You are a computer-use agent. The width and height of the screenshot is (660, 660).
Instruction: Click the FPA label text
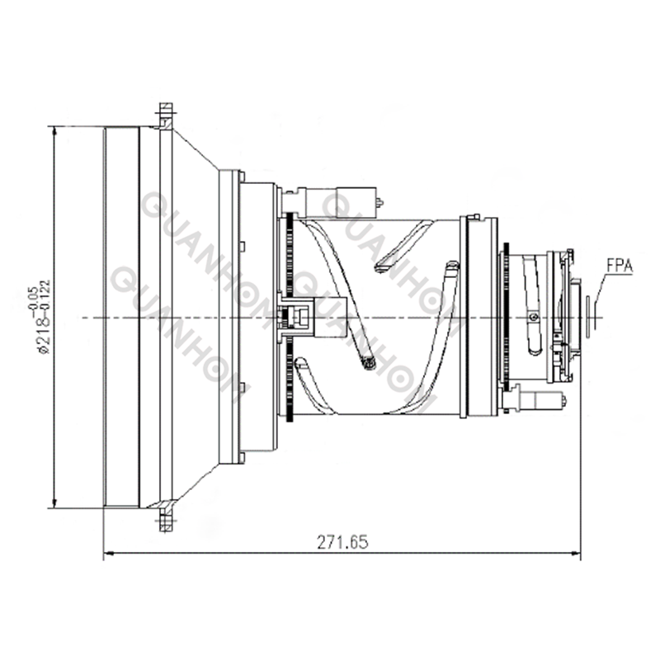[x=619, y=266]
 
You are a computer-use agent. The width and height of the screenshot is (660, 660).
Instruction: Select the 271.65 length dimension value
[x=342, y=542]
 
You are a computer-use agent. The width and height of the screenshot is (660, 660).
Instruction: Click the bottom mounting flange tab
[x=165, y=521]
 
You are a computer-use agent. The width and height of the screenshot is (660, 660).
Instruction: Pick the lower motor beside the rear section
[x=536, y=400]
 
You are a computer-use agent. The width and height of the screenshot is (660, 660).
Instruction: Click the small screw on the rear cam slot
[x=535, y=317]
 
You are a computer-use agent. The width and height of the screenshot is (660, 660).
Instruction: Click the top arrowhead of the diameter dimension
[x=54, y=130]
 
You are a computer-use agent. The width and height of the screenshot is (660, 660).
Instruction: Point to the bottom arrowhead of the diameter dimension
[x=54, y=503]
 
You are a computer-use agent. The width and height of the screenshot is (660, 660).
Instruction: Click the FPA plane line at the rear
[x=588, y=317]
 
